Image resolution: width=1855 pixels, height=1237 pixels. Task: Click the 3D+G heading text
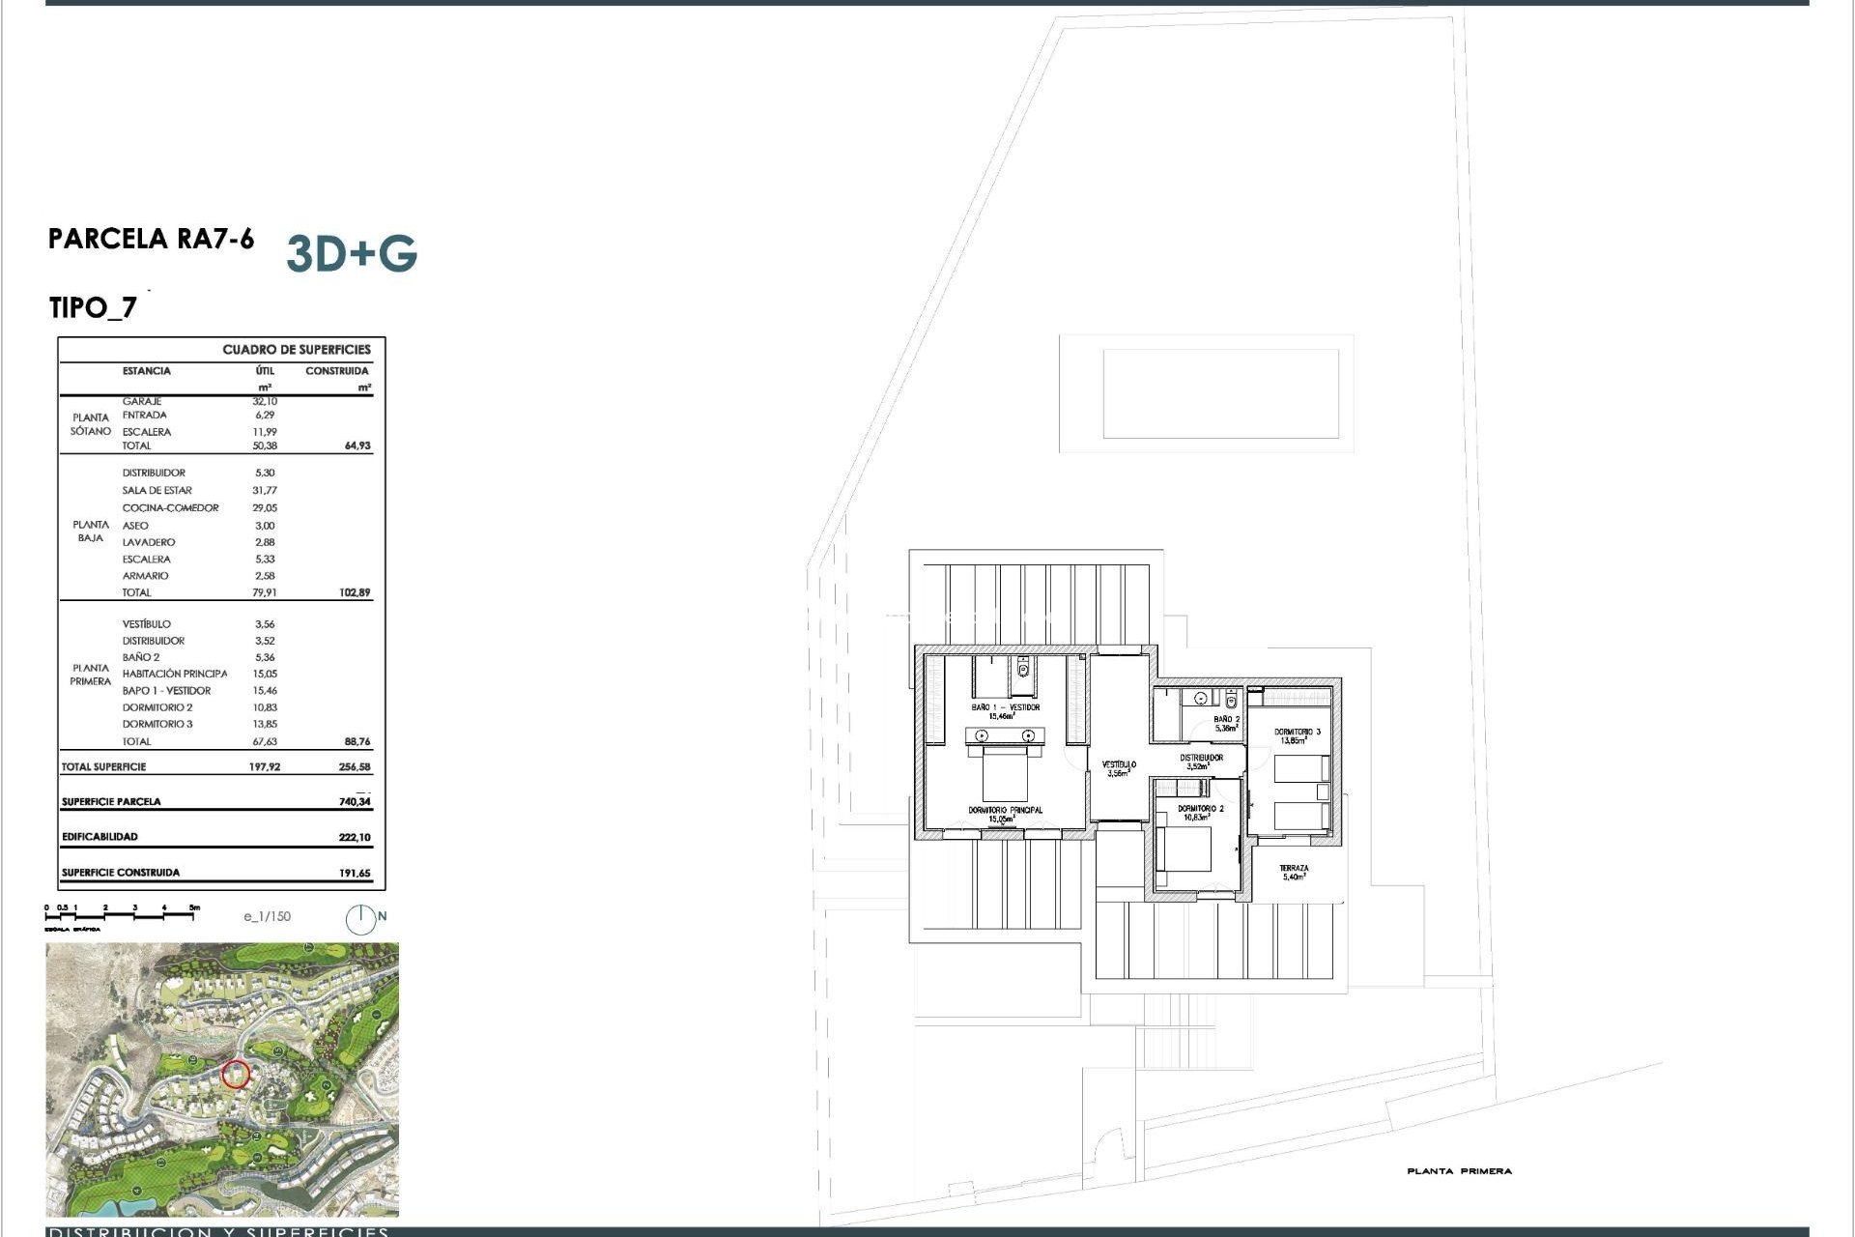pos(352,254)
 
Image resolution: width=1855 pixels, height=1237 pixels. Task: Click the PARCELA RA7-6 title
pos(152,239)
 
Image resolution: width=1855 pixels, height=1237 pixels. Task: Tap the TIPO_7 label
pos(93,308)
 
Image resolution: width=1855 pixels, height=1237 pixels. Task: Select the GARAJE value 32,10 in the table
pos(265,401)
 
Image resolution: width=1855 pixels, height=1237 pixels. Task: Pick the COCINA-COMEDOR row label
pos(170,507)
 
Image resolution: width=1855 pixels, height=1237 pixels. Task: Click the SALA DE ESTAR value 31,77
pos(265,491)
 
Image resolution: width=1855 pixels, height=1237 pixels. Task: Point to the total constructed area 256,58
pos(355,767)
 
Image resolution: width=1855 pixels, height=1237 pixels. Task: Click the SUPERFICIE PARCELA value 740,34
pos(355,801)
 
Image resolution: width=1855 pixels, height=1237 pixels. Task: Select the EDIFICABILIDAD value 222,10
pos(355,837)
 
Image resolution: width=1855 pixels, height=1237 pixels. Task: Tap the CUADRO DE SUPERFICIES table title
pos(297,350)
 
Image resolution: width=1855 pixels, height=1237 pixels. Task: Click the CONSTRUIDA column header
pos(336,371)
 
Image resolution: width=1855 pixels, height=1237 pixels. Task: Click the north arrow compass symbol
pos(361,919)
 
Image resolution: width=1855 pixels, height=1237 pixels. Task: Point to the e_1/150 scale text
pos(267,916)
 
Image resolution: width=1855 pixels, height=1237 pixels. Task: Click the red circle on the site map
pos(236,1074)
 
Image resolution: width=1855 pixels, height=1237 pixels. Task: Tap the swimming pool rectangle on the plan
pos(1220,393)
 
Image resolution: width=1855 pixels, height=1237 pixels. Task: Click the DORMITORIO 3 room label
pos(1297,733)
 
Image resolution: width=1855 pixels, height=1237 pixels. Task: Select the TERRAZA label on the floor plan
pos(1294,869)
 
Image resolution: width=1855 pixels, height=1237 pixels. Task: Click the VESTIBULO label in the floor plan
pos(1119,764)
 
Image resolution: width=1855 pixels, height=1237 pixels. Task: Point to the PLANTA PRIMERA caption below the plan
pos(1459,1171)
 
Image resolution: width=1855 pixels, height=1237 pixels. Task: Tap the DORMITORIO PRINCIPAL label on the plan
pos(1005,810)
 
